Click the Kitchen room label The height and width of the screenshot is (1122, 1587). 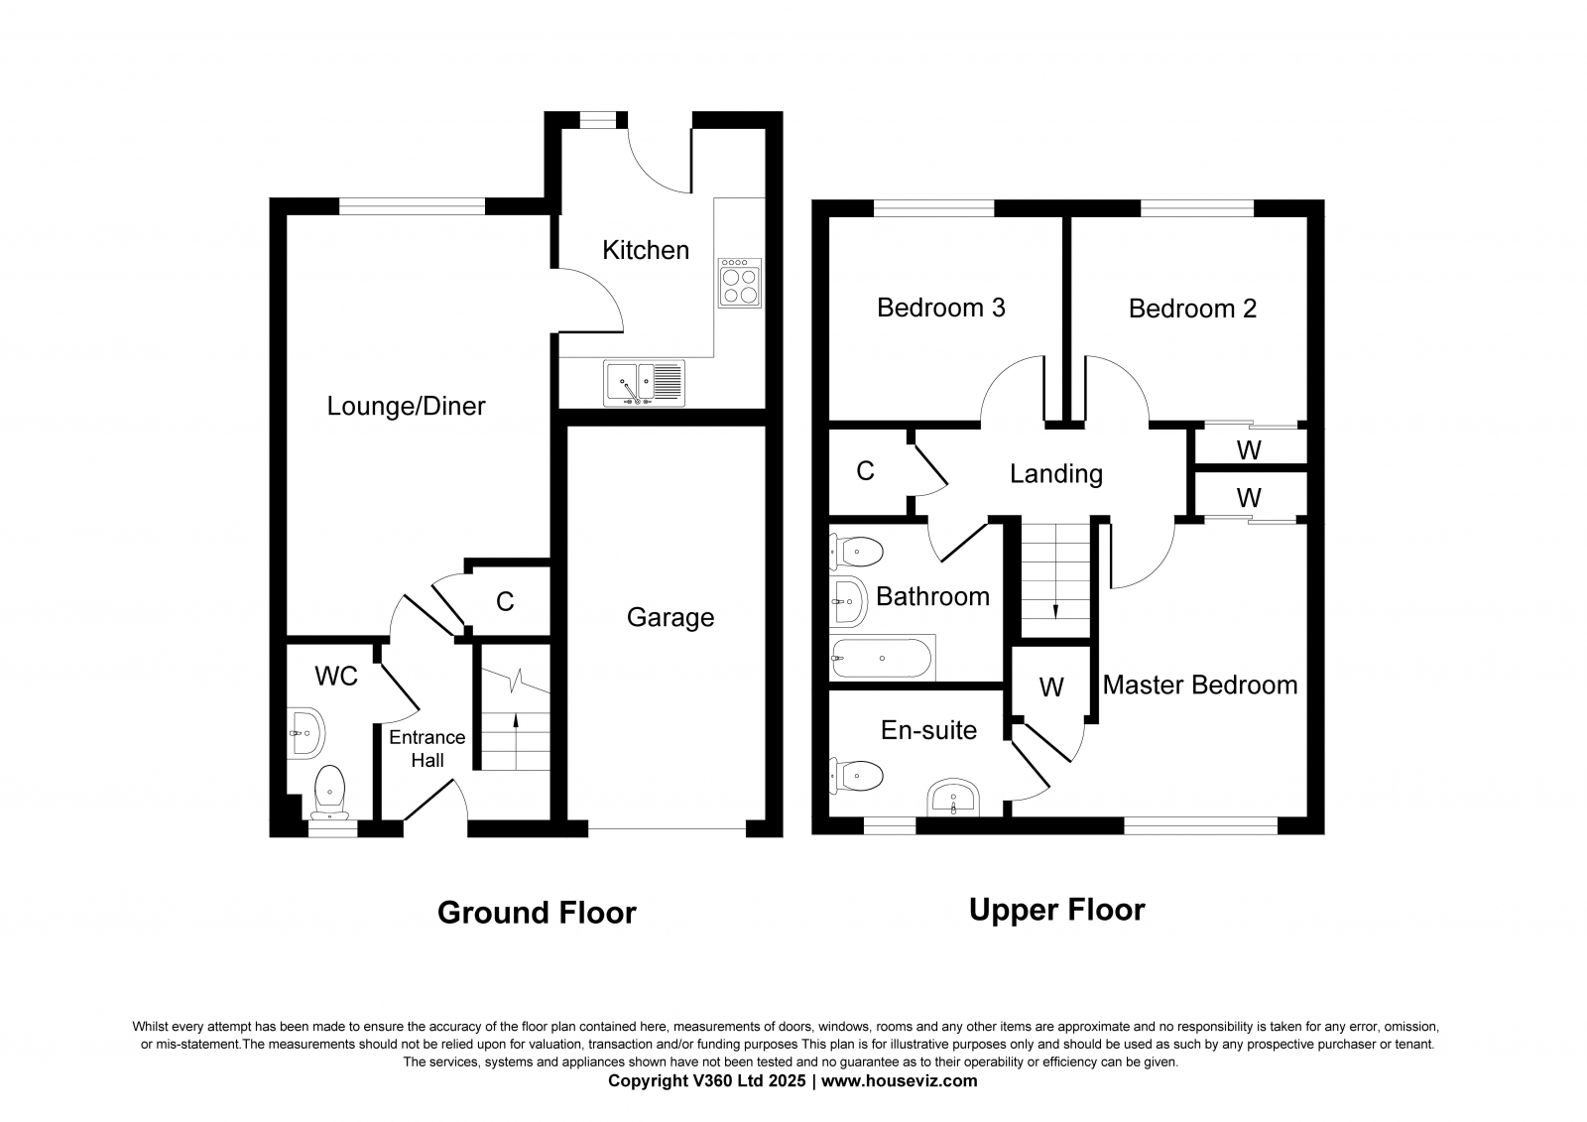click(646, 250)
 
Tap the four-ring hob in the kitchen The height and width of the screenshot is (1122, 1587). click(740, 283)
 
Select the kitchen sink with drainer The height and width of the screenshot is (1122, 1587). click(644, 384)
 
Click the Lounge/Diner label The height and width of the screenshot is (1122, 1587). click(406, 406)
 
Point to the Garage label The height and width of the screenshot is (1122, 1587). click(671, 617)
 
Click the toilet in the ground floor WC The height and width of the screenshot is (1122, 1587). click(329, 793)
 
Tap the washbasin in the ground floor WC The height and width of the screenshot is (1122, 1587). click(306, 733)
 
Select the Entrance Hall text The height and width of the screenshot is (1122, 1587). click(427, 748)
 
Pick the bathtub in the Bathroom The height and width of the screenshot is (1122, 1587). click(882, 658)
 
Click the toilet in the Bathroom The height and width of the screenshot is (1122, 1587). click(857, 552)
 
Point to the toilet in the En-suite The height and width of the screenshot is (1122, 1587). click(857, 776)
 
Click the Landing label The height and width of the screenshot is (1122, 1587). click(1055, 474)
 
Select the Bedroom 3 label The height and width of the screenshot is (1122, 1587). click(941, 308)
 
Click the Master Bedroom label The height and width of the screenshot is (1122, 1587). click(1200, 685)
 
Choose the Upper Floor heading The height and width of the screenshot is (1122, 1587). click(1057, 910)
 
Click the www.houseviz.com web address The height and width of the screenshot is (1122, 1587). click(899, 1081)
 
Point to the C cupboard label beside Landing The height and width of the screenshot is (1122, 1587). click(865, 471)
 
